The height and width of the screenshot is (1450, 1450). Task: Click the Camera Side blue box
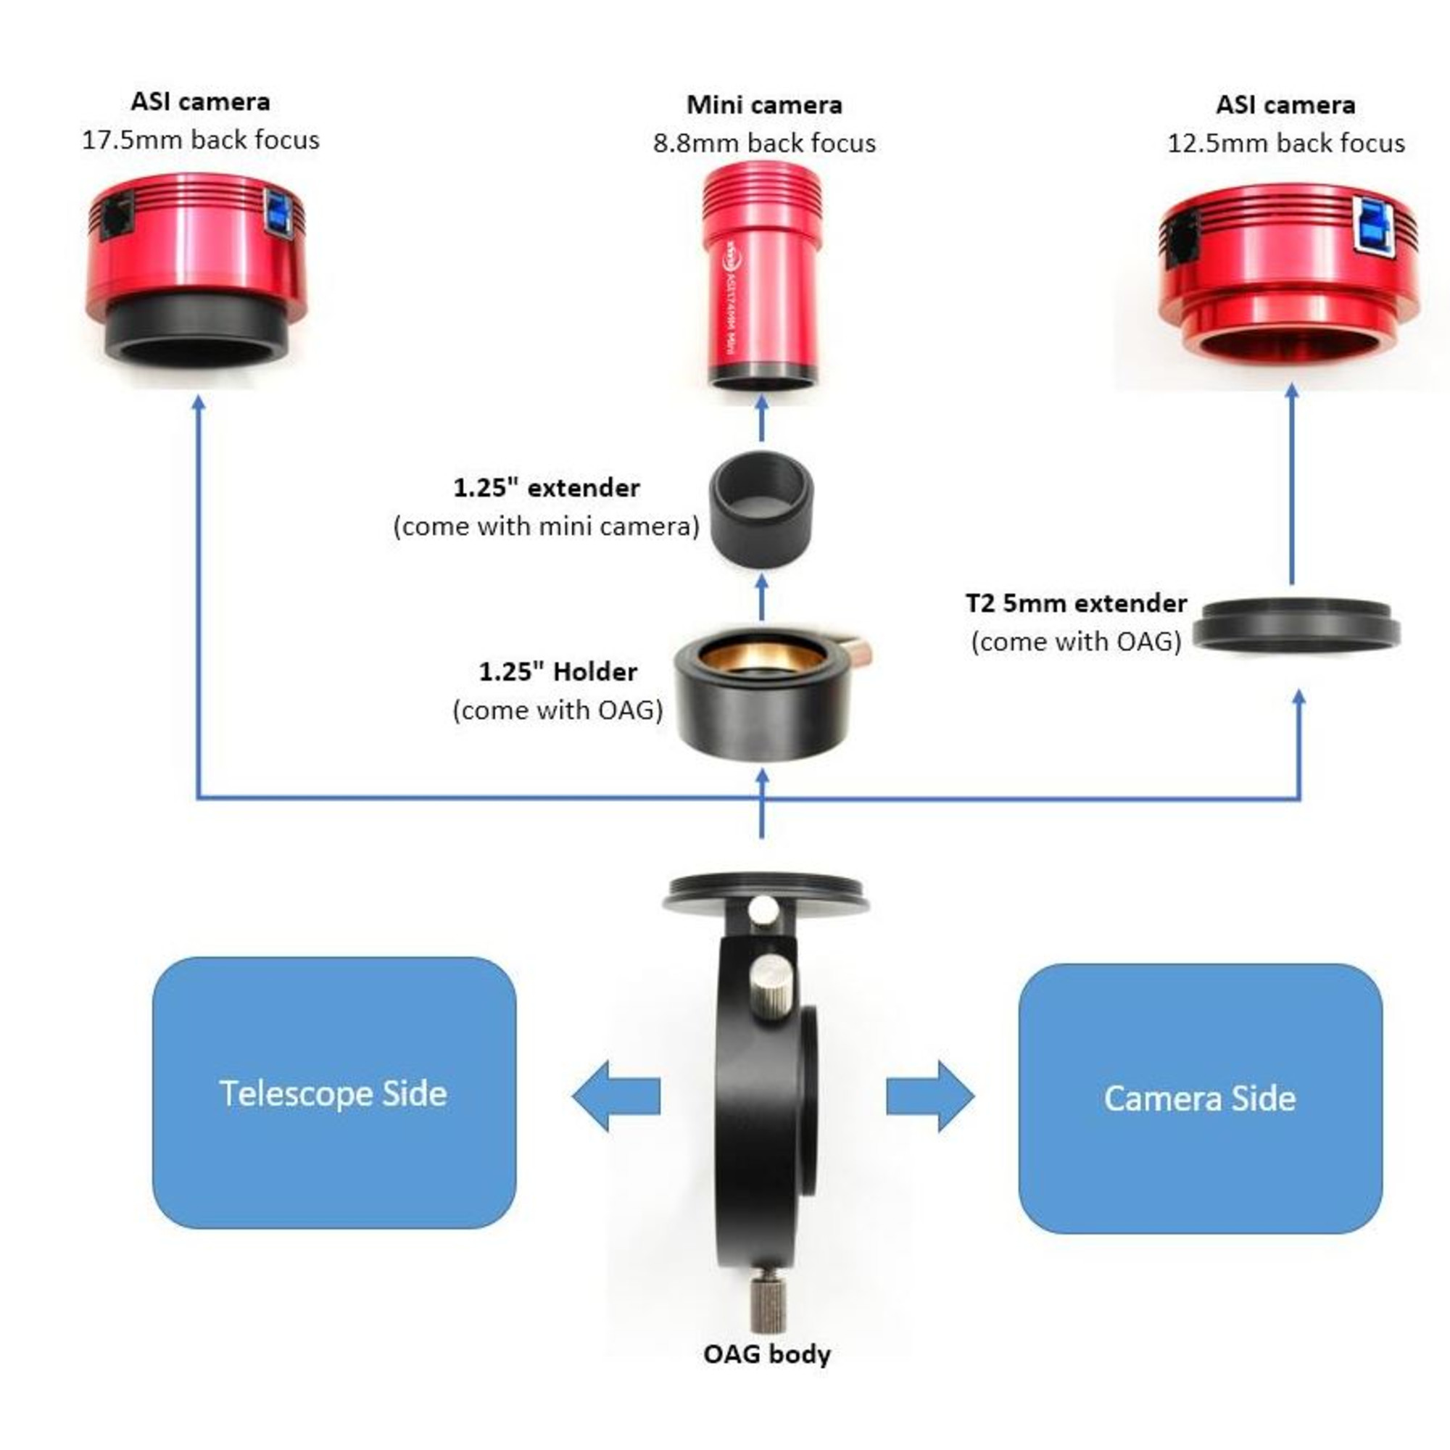point(1199,1098)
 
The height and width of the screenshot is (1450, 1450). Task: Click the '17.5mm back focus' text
point(200,141)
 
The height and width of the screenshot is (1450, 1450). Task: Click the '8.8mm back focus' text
point(764,144)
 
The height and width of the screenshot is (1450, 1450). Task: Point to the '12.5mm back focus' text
point(1285,144)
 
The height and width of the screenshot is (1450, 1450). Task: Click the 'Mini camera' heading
point(764,105)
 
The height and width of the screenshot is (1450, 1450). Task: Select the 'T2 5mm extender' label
point(1075,603)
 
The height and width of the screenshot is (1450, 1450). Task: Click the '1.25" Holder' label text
point(558,672)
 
